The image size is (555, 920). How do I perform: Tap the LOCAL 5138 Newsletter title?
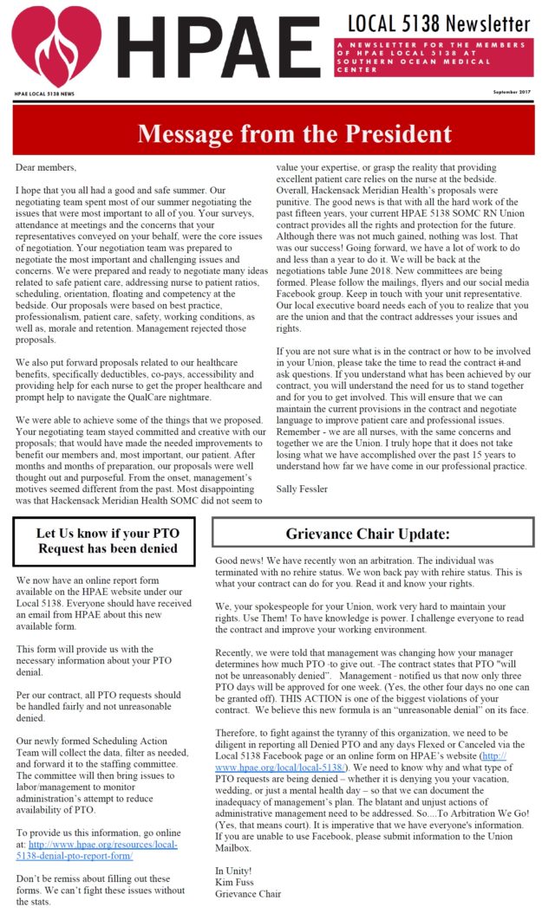coord(438,23)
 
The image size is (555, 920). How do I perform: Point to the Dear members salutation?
coord(46,167)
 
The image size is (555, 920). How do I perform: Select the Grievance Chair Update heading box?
coord(373,533)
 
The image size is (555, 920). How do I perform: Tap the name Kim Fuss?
coord(232,882)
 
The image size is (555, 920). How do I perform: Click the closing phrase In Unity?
coord(233,870)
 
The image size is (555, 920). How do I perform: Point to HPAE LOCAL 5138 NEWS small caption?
coord(45,93)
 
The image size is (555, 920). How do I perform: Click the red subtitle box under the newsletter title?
coord(433,57)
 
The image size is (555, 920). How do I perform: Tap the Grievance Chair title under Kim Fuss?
coord(247,894)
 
